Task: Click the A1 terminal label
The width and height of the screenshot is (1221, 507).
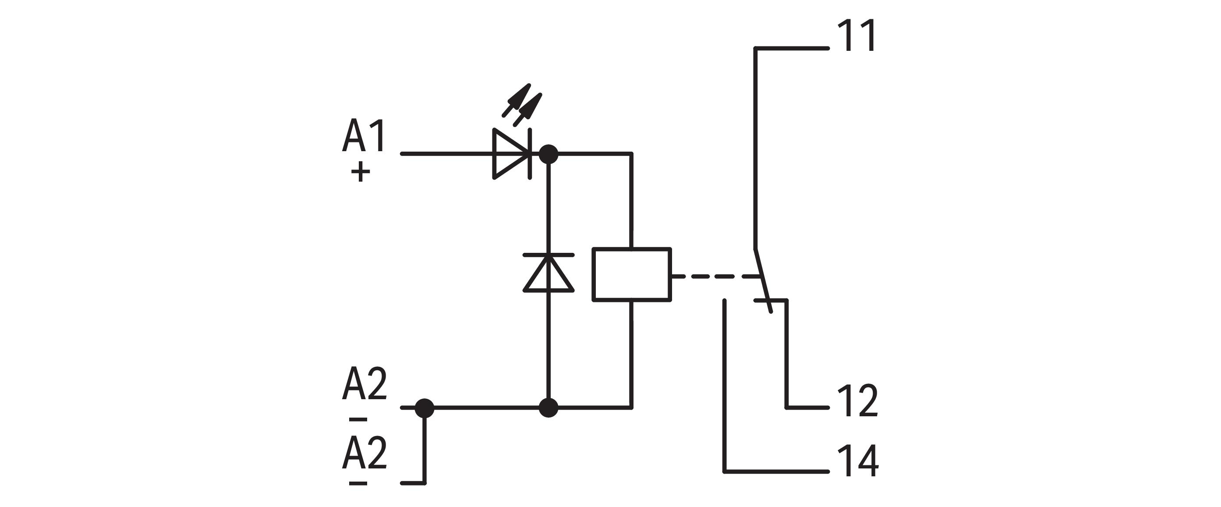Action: click(x=364, y=136)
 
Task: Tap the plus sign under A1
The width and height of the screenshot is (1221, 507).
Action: click(x=360, y=172)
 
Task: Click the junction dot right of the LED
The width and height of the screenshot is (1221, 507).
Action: click(x=549, y=154)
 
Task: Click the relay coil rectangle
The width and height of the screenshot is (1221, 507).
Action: click(x=631, y=274)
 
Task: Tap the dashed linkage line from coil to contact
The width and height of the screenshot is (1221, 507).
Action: click(x=713, y=276)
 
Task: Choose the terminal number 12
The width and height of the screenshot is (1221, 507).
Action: click(x=857, y=401)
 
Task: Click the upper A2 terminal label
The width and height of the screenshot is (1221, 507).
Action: click(x=364, y=384)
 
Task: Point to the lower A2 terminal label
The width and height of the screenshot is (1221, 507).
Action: click(x=364, y=453)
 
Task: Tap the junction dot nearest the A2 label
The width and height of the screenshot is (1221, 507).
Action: click(x=424, y=408)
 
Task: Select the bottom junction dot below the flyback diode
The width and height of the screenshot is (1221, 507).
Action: click(x=549, y=408)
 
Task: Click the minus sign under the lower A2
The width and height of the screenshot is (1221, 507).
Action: click(x=358, y=483)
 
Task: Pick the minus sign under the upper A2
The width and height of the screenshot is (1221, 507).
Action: click(x=358, y=419)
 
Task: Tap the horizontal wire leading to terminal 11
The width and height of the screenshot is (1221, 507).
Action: click(x=792, y=48)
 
